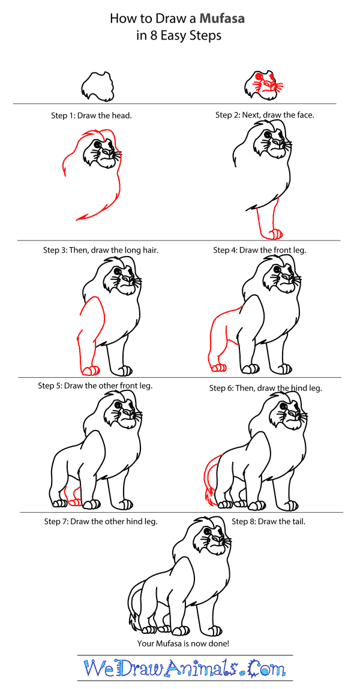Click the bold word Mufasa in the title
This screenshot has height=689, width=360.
(x=222, y=19)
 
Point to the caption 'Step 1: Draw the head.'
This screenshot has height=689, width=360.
(x=91, y=115)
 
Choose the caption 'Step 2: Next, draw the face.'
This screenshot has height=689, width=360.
(x=265, y=115)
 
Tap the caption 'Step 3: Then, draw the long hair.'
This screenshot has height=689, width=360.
(x=101, y=249)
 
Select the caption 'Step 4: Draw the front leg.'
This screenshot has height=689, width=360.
(x=260, y=249)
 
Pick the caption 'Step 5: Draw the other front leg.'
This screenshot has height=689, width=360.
(x=95, y=386)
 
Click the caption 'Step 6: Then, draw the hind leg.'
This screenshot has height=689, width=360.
(x=265, y=388)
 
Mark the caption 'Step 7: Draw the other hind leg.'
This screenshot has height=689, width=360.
(x=101, y=521)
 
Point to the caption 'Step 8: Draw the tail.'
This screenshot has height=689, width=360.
(x=269, y=521)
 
